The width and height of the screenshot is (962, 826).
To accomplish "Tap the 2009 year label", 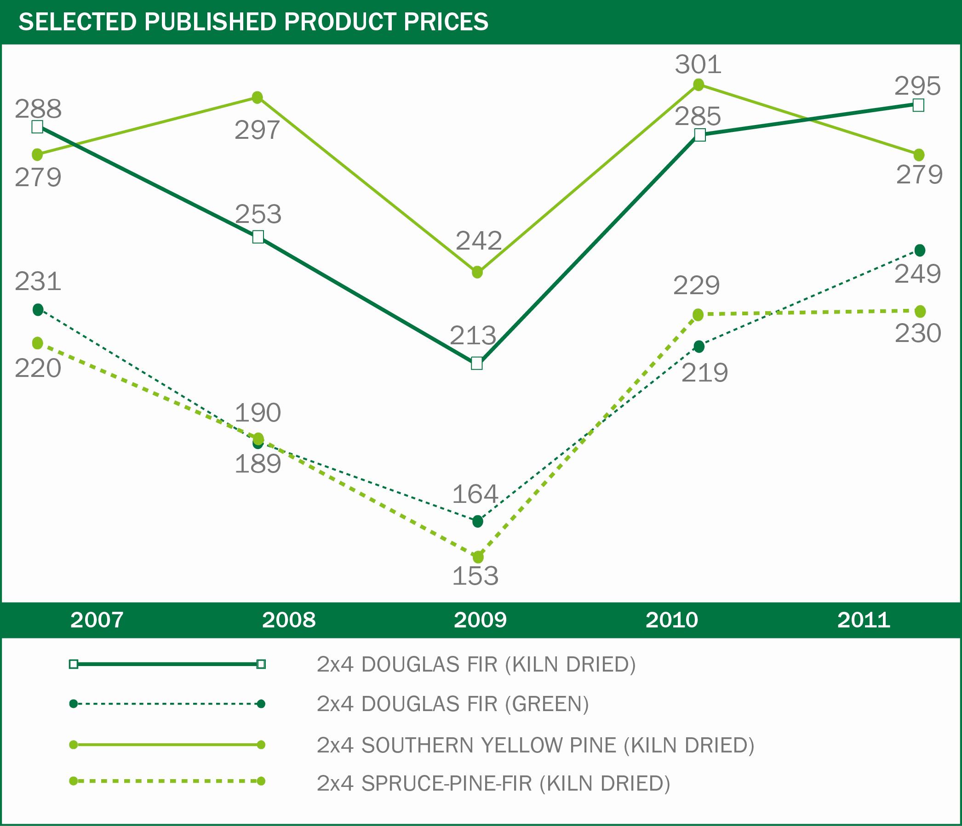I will pos(480,620).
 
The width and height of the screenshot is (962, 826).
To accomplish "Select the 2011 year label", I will pos(864,620).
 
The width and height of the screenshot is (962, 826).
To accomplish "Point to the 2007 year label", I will pos(97,620).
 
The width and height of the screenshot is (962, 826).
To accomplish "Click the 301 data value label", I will pos(698,64).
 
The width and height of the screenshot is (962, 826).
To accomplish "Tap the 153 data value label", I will pos(475,576).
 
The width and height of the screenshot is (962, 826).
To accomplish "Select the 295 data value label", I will pos(917,86).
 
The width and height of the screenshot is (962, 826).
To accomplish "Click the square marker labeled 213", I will pos(477,363).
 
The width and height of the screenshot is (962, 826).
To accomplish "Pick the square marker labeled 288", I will pos(37,127).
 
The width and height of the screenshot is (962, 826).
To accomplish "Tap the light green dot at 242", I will pos(477,272).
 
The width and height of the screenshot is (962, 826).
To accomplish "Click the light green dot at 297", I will pos(257,97).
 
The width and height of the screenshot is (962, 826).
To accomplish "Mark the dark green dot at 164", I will pos(477,522).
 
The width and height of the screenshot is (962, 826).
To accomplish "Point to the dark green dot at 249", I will pos(919,251).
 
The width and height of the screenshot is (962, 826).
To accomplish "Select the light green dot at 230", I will pos(919,311).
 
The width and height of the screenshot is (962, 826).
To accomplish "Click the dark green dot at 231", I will pos(38,309).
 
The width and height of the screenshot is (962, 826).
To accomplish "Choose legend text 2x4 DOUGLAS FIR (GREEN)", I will pos(452,704).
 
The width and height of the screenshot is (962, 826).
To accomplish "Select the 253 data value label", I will pos(258,214).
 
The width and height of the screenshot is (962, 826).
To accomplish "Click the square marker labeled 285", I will pos(700,135).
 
